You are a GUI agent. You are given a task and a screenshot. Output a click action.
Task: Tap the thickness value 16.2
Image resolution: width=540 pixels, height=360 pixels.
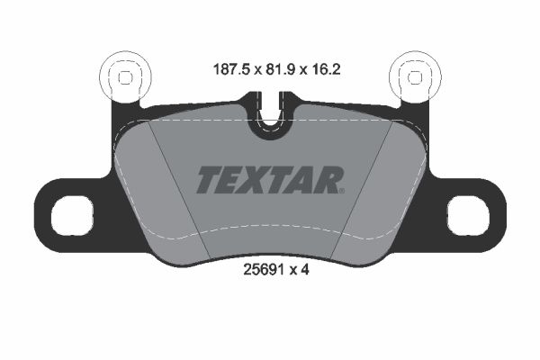325,67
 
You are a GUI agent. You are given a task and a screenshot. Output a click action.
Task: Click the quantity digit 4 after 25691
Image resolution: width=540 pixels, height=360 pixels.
305,267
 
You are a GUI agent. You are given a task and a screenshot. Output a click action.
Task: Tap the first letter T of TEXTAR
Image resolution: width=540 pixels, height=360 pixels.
208,180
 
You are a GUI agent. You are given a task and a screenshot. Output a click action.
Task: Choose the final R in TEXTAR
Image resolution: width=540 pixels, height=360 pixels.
327,180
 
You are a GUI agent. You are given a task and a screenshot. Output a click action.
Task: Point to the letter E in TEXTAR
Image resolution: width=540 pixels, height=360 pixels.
231,180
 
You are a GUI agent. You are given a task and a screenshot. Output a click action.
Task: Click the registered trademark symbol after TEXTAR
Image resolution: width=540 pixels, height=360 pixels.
342,190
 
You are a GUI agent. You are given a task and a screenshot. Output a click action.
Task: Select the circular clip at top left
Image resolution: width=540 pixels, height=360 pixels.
125,77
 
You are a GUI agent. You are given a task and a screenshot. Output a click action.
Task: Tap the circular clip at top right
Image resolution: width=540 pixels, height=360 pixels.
415,77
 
